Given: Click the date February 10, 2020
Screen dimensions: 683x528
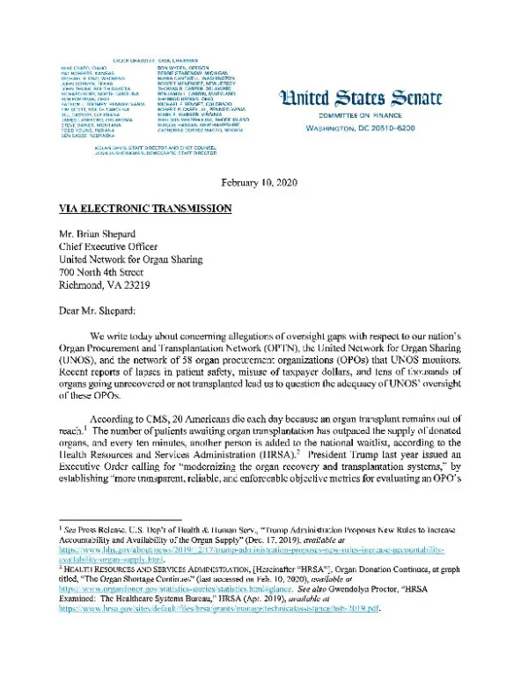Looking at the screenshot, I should [264, 182].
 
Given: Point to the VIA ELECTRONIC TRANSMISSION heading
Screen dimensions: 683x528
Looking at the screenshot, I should [139, 209].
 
